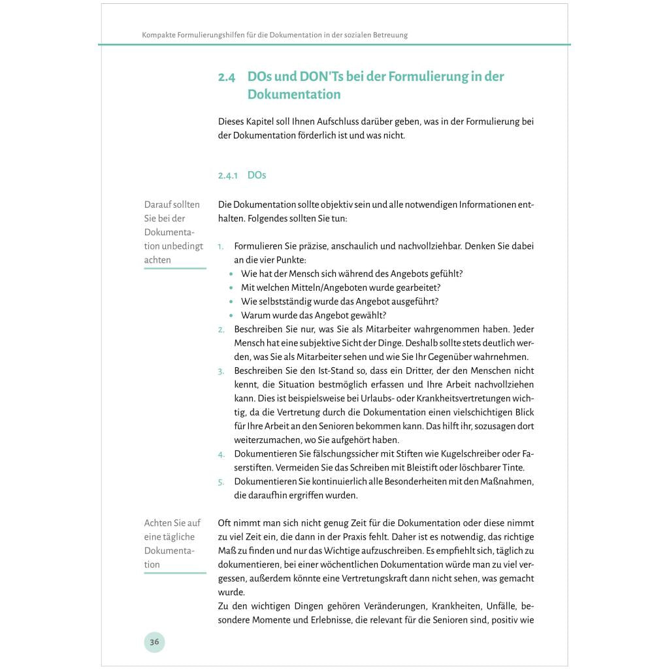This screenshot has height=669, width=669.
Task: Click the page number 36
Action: [x=154, y=642]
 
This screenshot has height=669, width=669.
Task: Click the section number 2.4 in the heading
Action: [x=227, y=77]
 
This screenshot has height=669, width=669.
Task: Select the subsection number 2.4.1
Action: [x=228, y=176]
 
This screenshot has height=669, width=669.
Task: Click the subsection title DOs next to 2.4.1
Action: [x=257, y=175]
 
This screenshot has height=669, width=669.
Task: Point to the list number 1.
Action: [x=221, y=247]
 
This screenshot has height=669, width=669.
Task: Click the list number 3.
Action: [x=221, y=371]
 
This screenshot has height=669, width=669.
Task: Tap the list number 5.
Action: [x=221, y=481]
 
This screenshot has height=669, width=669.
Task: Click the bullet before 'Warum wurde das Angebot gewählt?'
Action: [x=232, y=316]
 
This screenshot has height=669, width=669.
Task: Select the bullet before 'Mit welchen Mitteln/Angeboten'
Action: [x=232, y=288]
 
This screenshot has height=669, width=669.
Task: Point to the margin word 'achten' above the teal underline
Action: [x=157, y=260]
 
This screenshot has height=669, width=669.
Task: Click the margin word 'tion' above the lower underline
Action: [x=152, y=564]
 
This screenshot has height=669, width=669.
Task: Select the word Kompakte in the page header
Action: [x=159, y=35]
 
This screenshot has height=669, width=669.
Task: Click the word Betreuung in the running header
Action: [x=388, y=35]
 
